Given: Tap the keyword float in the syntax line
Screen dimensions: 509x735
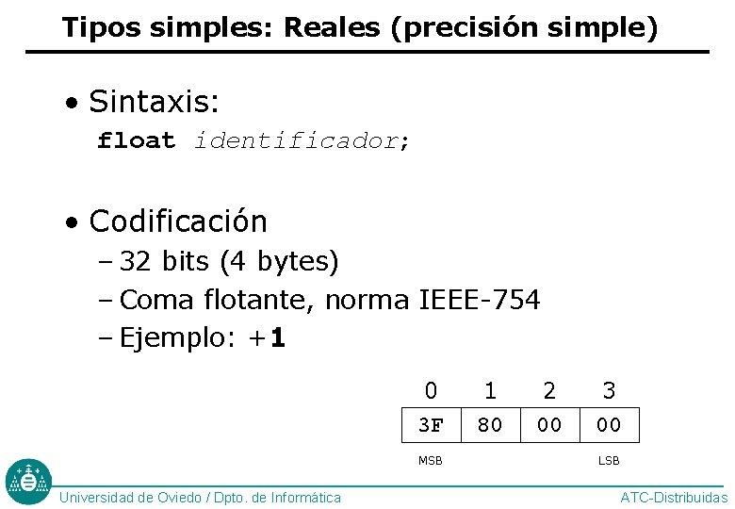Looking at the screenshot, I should click(x=137, y=141).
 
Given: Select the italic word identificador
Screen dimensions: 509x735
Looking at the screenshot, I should click(x=297, y=141).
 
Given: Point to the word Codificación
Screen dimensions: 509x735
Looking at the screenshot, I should click(x=178, y=222).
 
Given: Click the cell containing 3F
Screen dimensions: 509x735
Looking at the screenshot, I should click(x=431, y=425).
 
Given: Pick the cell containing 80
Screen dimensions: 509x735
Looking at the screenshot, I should click(x=490, y=425).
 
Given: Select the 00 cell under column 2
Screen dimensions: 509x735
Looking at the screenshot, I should click(x=549, y=425).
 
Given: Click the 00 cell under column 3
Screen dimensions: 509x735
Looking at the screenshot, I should click(x=609, y=425).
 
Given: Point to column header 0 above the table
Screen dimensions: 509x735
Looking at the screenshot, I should click(x=431, y=390).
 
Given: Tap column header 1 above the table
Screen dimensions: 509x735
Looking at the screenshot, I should click(x=490, y=390).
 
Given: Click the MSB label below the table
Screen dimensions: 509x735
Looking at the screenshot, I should click(x=431, y=461).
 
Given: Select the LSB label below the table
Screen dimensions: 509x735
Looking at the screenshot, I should click(x=609, y=461).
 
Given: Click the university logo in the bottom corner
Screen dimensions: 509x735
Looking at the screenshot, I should click(x=28, y=482).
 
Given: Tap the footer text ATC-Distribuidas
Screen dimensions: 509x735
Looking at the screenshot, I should click(x=674, y=498).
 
